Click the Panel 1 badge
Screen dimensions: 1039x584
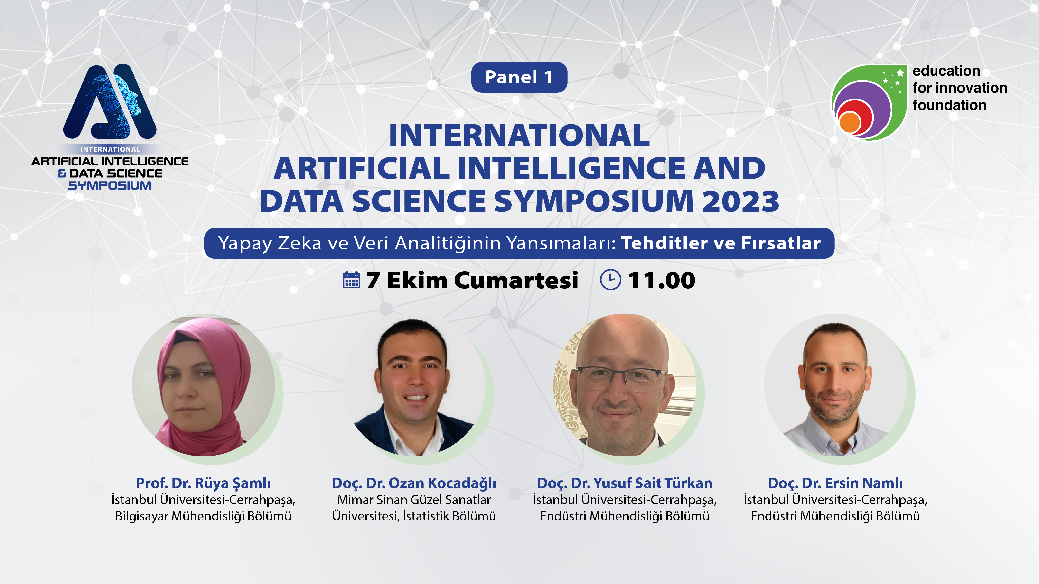[x=519, y=77]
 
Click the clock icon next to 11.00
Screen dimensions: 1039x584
[x=611, y=280]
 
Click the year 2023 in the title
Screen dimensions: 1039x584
[x=740, y=201]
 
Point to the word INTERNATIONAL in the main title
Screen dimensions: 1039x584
[x=520, y=136]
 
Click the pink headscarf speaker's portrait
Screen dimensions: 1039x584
[x=204, y=385]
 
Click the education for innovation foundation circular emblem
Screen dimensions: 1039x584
[x=870, y=102]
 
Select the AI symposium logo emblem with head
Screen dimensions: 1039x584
[x=110, y=101]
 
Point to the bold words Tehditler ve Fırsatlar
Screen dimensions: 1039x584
[x=721, y=243]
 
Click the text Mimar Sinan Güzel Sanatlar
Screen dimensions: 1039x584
[x=414, y=500]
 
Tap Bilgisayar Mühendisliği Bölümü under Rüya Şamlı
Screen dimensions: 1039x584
[x=203, y=516]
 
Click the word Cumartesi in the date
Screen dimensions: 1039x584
[x=517, y=280]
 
